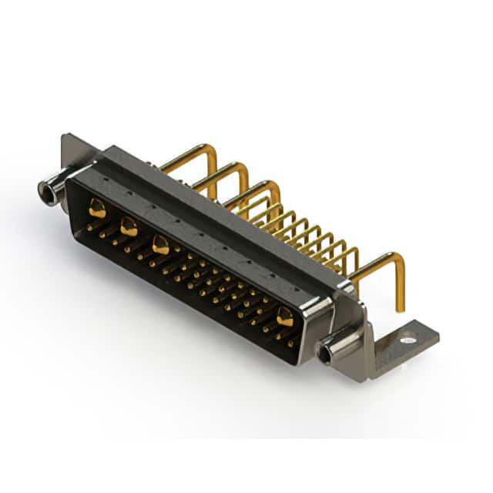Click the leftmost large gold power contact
[x=97, y=207]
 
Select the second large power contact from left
[x=129, y=226]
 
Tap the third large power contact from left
[x=160, y=245]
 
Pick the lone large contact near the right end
[x=285, y=316]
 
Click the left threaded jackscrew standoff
[x=52, y=190]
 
